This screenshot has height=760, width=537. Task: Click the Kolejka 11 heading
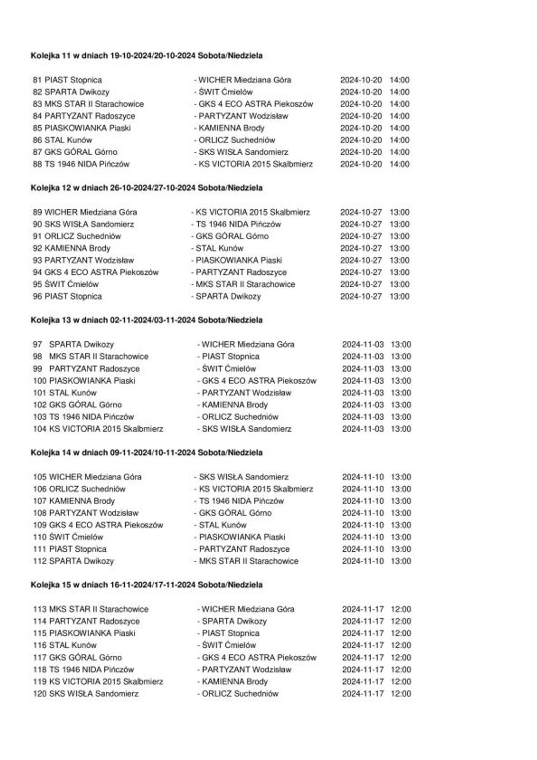146,55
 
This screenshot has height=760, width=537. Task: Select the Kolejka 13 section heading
146,320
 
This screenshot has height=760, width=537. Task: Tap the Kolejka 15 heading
146,585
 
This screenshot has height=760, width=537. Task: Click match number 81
37,80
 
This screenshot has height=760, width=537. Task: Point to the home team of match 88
87,164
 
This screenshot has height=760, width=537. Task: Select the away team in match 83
256,104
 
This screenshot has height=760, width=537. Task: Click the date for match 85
361,128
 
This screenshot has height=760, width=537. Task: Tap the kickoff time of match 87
399,152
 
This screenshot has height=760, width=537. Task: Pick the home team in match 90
89,224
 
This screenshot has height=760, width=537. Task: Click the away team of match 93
239,260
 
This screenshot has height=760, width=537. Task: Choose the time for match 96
399,296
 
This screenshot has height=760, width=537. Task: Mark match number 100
40,381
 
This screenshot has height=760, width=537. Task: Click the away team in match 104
246,429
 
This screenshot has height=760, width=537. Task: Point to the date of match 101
363,393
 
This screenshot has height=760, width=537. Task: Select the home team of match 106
87,489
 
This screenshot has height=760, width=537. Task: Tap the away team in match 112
248,561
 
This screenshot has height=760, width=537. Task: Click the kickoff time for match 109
401,525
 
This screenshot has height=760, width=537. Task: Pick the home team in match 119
106,682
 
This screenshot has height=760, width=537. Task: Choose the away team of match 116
229,645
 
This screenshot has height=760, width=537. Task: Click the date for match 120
363,694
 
